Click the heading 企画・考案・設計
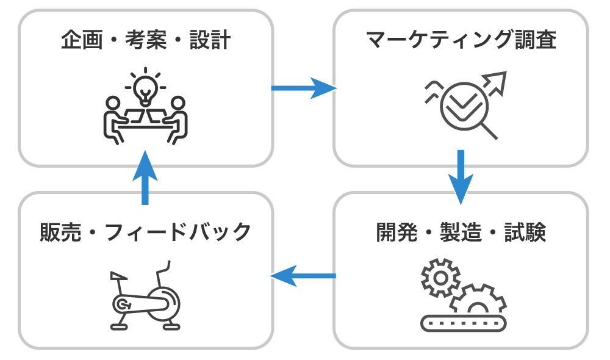click(x=145, y=40)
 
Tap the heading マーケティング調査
click(x=461, y=40)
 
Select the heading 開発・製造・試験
click(x=461, y=232)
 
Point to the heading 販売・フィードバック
click(x=145, y=232)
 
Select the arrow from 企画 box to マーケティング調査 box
click(x=303, y=88)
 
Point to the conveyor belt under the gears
click(x=464, y=322)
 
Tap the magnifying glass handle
click(x=489, y=131)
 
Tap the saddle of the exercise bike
click(x=117, y=276)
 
